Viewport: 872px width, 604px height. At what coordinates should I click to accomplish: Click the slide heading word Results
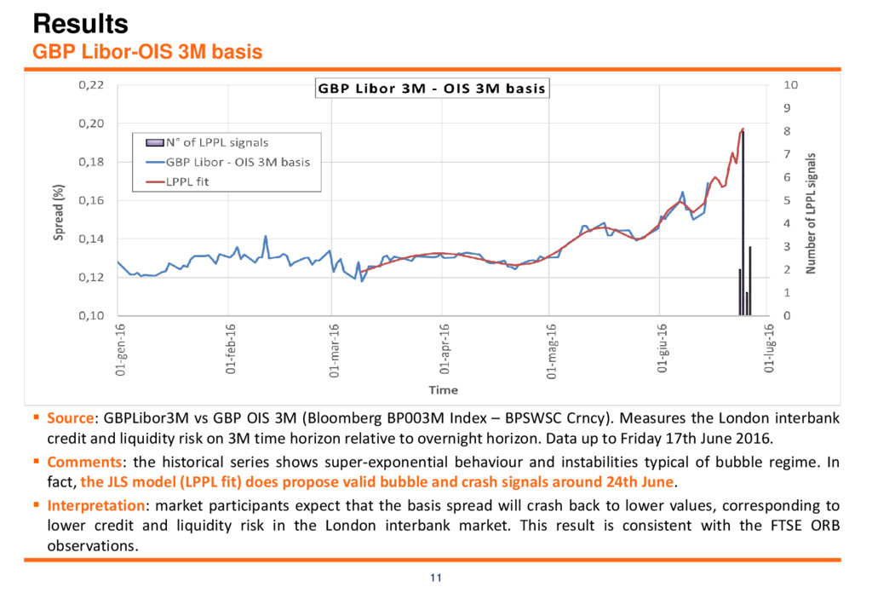(x=81, y=24)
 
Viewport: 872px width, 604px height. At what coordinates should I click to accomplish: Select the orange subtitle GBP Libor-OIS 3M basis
(x=147, y=52)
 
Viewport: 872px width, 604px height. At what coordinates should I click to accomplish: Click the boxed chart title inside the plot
(x=432, y=89)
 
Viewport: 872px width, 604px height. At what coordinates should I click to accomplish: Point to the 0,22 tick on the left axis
(x=91, y=85)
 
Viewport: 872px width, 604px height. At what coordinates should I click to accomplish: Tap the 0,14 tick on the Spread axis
(x=91, y=239)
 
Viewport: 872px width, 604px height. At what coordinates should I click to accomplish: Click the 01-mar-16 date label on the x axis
(x=334, y=351)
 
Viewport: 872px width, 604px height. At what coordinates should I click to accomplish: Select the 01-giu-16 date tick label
(x=662, y=348)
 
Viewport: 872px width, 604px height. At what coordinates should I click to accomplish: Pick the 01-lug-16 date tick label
(x=769, y=348)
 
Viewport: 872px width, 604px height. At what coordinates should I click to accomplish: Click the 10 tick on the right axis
(x=791, y=85)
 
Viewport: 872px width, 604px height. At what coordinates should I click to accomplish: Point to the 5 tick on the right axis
(x=787, y=200)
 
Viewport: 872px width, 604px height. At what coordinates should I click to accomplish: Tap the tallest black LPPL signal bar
(x=743, y=222)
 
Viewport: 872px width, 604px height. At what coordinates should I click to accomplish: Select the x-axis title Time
(x=443, y=390)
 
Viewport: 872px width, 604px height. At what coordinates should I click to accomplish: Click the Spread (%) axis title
(x=59, y=212)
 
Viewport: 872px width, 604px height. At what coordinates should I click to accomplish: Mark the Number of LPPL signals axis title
(x=811, y=214)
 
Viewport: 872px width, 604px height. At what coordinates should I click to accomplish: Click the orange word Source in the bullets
(x=71, y=417)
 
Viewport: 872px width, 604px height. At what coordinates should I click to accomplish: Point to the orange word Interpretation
(x=96, y=505)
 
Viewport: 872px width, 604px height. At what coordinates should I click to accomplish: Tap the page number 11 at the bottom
(x=436, y=578)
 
